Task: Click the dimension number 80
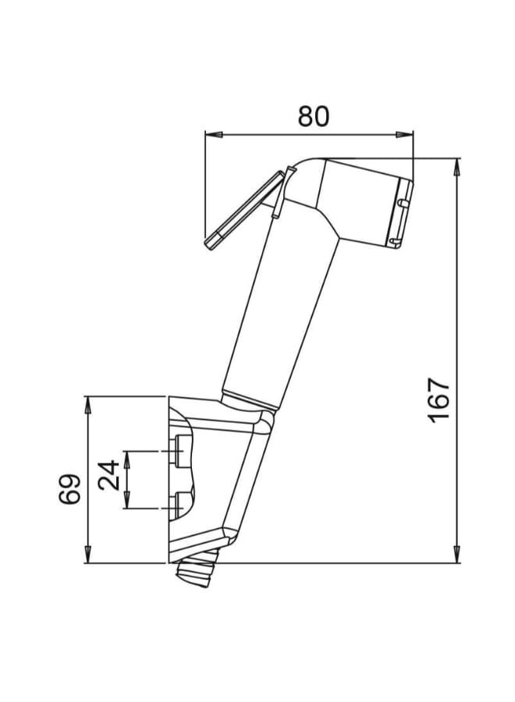click(314, 116)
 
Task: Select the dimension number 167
click(439, 399)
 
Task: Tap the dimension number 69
click(69, 489)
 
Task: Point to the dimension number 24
click(109, 474)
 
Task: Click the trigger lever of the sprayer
click(246, 209)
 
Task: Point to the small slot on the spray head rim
click(402, 204)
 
